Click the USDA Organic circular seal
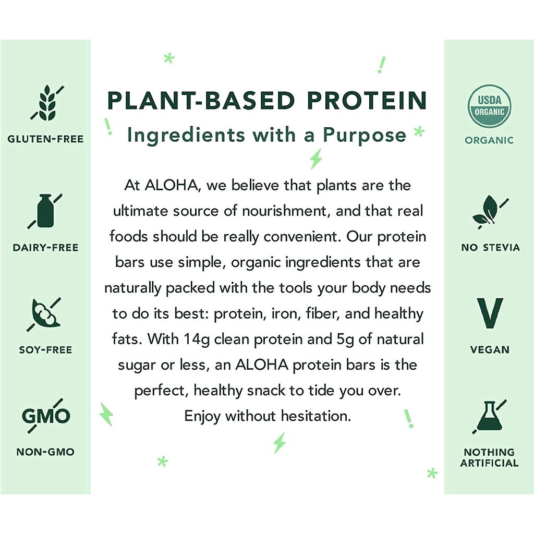pyautogui.click(x=489, y=106)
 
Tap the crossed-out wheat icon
pyautogui.click(x=47, y=103)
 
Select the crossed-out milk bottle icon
pyautogui.click(x=45, y=211)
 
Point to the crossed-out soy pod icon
pyautogui.click(x=44, y=314)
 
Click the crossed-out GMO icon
pyautogui.click(x=46, y=416)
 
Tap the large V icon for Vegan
pyautogui.click(x=490, y=313)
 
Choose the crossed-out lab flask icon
pyautogui.click(x=489, y=417)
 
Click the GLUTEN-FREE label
pyautogui.click(x=46, y=139)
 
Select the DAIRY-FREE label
pyautogui.click(x=46, y=248)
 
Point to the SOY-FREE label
pyautogui.click(x=46, y=350)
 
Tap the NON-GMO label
pyautogui.click(x=45, y=452)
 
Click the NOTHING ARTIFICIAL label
pyautogui.click(x=489, y=457)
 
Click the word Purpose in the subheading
pyautogui.click(x=365, y=136)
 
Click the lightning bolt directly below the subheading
pyautogui.click(x=316, y=159)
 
